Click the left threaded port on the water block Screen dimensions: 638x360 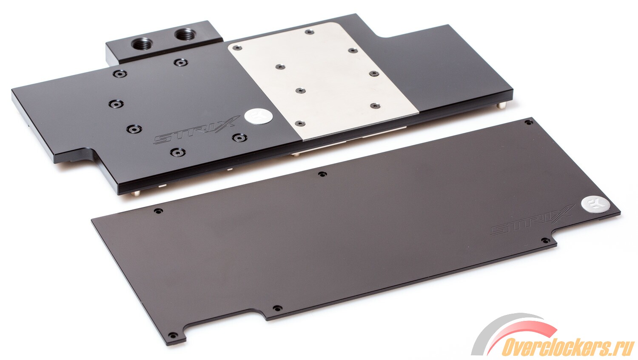pyautogui.click(x=142, y=44)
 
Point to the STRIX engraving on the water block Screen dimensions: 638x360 pyautogui.click(x=197, y=130)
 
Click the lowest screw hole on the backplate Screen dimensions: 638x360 pyautogui.click(x=172, y=335)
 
